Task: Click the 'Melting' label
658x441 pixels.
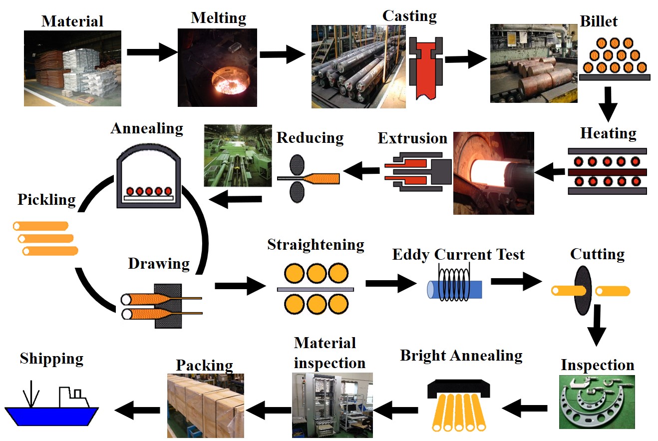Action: pos(218,18)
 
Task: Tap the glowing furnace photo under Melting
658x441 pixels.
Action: pos(217,67)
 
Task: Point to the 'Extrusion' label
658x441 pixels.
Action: pos(412,138)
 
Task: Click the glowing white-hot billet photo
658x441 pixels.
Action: pos(493,173)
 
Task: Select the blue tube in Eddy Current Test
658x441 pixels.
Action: pos(455,290)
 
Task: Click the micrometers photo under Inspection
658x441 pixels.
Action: pos(597,402)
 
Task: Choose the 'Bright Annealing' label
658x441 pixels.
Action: pos(461,356)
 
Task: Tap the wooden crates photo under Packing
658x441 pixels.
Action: pos(205,406)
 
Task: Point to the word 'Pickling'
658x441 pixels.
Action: pos(46,200)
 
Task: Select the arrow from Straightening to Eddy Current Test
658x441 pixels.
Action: pos(390,284)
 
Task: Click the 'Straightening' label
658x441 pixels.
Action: pos(316,245)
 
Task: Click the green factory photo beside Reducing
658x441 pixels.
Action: pos(238,155)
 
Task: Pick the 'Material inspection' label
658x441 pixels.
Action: pos(329,353)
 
